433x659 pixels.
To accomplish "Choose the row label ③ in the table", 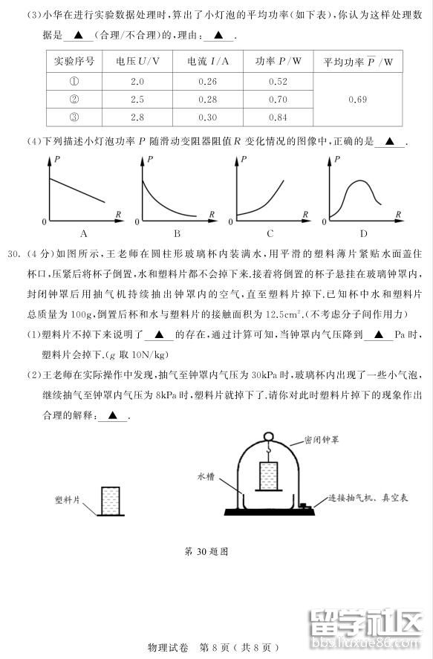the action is click(x=74, y=117).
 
